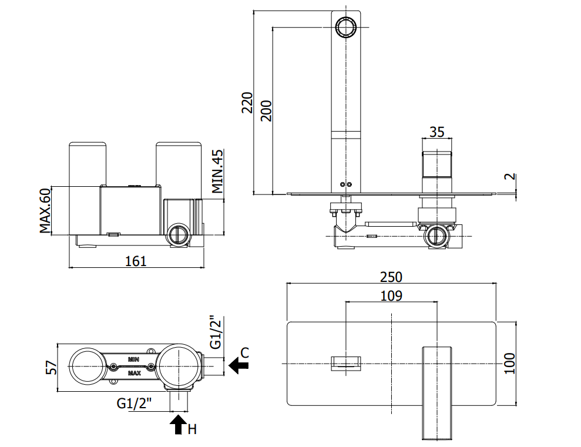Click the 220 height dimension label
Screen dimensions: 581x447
click(x=247, y=103)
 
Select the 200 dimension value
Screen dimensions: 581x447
click(x=266, y=111)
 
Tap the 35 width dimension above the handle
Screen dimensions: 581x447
click(x=437, y=132)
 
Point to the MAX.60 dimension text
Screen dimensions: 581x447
click(x=45, y=211)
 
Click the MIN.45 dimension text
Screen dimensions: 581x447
click(x=217, y=171)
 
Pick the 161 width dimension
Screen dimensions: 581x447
click(x=136, y=261)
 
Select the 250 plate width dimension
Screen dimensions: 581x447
click(x=391, y=277)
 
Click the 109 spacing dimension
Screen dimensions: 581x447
click(x=391, y=296)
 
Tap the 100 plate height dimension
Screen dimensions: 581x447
click(x=510, y=364)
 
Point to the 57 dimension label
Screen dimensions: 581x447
click(x=52, y=367)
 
